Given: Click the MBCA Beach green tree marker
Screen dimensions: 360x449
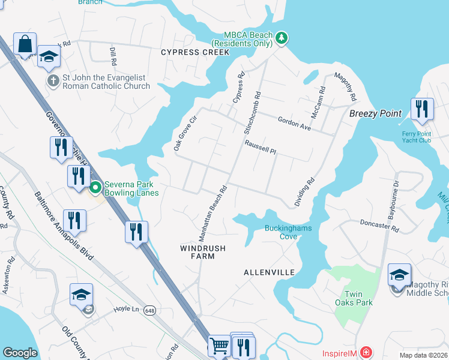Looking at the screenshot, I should pyautogui.click(x=282, y=39).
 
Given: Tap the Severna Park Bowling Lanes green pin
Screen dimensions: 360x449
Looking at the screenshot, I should pyautogui.click(x=95, y=189).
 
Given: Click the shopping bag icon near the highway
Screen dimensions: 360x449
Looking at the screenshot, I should pyautogui.click(x=25, y=44).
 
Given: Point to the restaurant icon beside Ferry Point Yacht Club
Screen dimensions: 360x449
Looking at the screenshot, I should pyautogui.click(x=422, y=109).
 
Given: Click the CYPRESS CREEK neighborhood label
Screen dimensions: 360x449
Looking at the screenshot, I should pyautogui.click(x=195, y=52).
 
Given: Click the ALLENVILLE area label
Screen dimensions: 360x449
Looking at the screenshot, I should pyautogui.click(x=269, y=272).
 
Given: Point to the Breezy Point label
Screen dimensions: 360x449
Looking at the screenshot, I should pyautogui.click(x=376, y=113).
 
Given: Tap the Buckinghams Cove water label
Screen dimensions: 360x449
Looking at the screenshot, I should pyautogui.click(x=281, y=232).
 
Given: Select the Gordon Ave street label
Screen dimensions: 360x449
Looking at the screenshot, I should pyautogui.click(x=294, y=124).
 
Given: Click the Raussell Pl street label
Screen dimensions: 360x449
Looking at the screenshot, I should pyautogui.click(x=260, y=148).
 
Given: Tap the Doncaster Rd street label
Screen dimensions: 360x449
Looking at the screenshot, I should pyautogui.click(x=379, y=225).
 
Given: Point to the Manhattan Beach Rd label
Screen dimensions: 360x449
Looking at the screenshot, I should pyautogui.click(x=213, y=208).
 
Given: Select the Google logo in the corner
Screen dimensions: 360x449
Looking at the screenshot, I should pyautogui.click(x=20, y=353).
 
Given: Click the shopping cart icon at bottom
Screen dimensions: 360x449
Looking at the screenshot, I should pyautogui.click(x=218, y=346).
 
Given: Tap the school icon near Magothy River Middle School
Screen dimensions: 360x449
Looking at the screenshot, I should pyautogui.click(x=399, y=274).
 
